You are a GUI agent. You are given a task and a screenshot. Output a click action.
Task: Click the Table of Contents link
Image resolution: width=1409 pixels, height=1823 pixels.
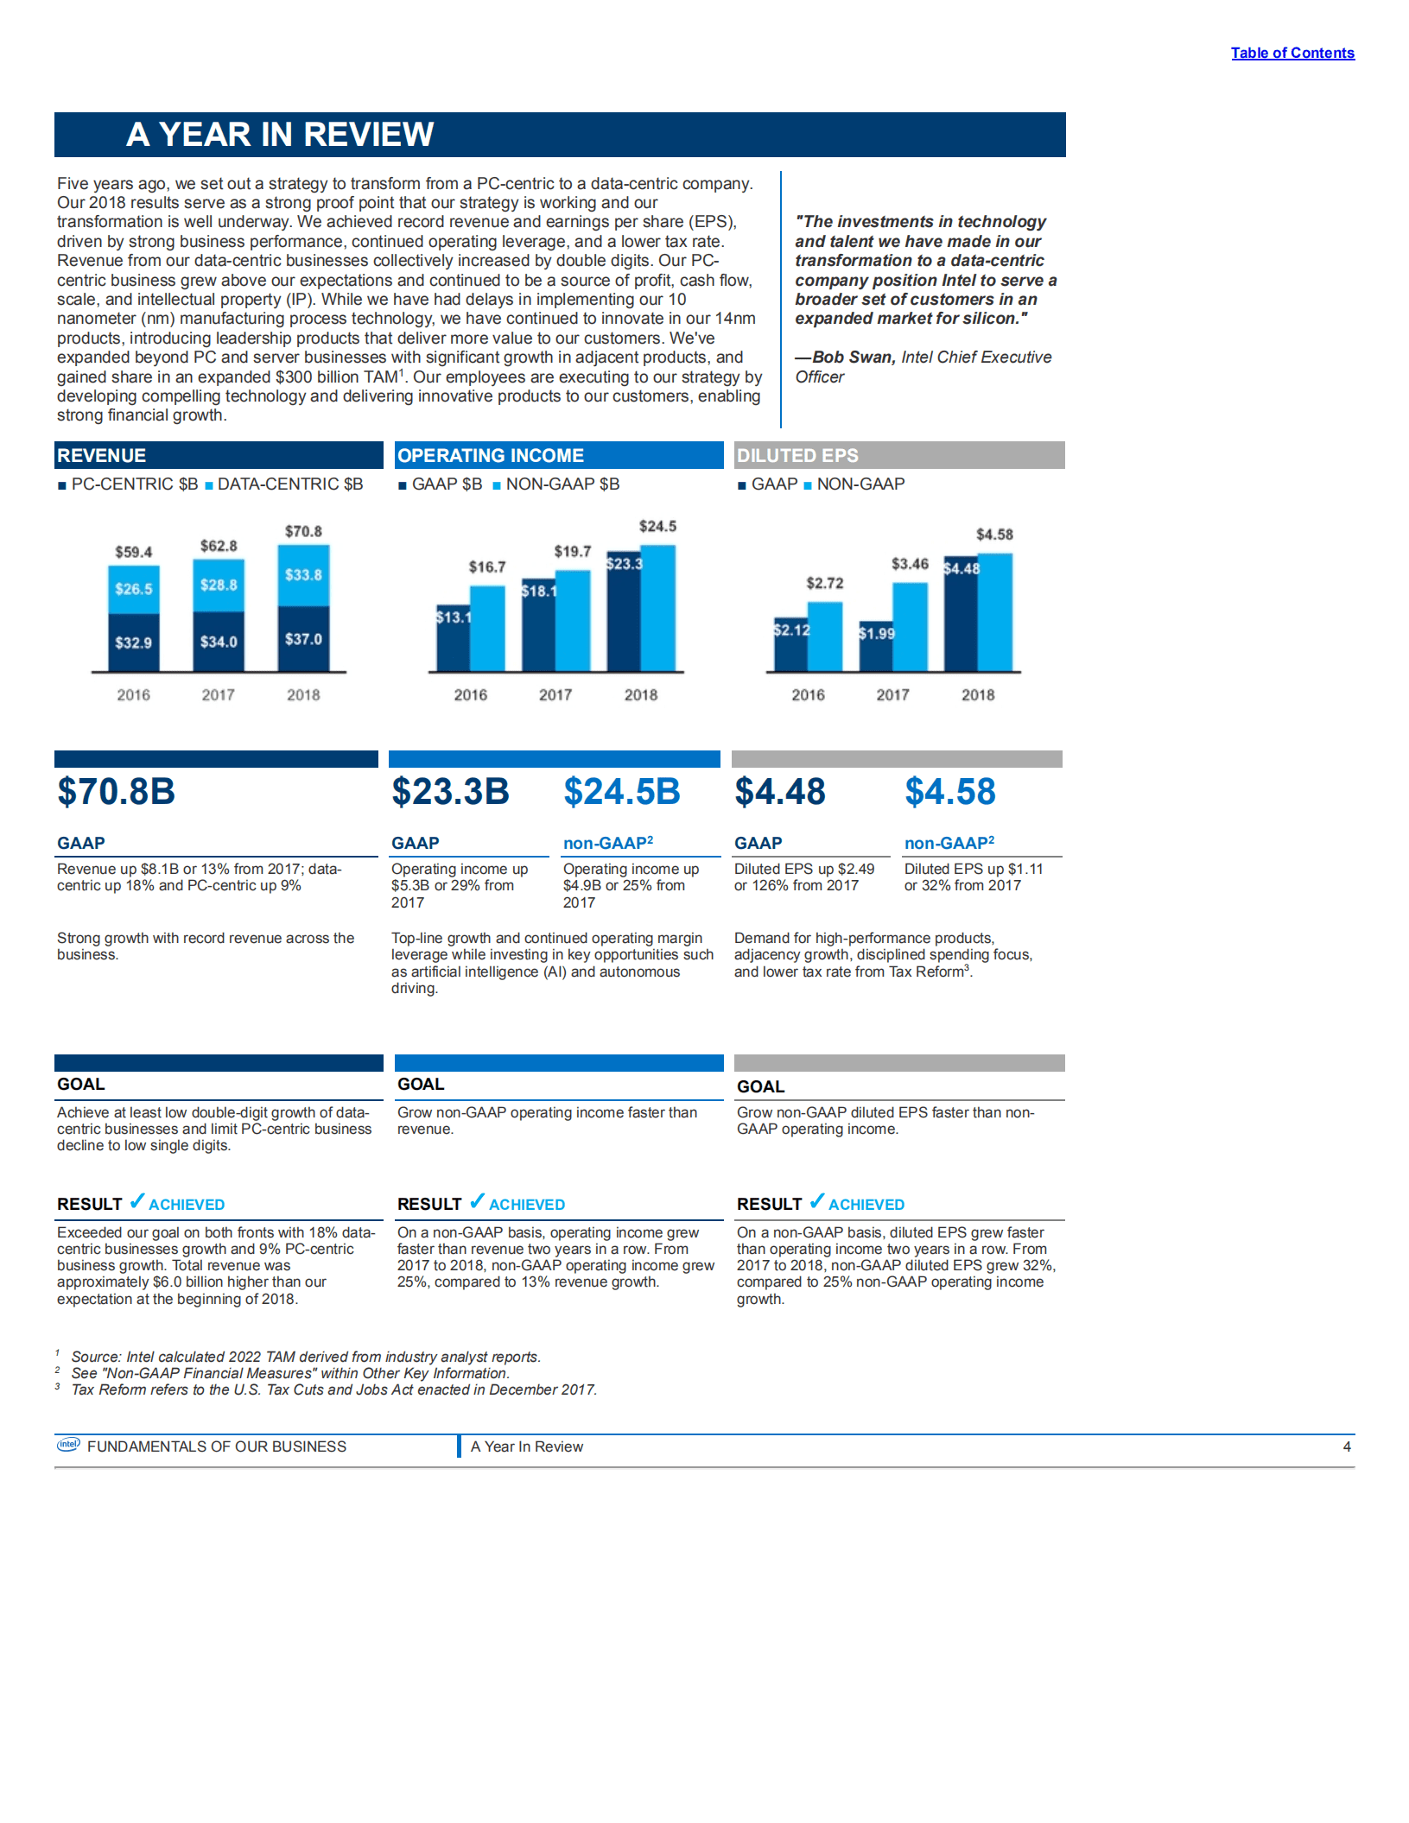tap(1292, 53)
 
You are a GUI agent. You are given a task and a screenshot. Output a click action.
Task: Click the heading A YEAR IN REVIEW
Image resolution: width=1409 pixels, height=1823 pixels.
tap(279, 135)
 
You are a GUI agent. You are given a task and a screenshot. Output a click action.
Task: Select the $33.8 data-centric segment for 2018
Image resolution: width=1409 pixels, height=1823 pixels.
tap(303, 575)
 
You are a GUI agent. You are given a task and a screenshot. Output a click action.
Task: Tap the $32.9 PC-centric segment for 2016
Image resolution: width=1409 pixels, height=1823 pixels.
tap(133, 642)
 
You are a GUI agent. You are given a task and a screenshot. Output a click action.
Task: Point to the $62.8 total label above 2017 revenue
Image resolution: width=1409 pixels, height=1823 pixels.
tap(219, 546)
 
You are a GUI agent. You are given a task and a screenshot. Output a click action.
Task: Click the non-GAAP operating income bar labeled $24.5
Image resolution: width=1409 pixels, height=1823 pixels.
tap(658, 609)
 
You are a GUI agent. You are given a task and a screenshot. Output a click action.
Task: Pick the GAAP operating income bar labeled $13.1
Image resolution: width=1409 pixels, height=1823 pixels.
tap(453, 639)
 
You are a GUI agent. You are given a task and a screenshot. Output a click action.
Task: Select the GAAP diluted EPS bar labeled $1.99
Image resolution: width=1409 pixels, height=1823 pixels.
tap(875, 648)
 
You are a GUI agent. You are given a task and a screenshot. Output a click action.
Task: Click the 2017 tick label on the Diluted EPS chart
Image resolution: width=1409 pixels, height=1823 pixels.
tap(892, 695)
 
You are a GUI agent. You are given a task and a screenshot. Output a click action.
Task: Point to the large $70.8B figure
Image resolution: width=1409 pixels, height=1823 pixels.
tap(117, 792)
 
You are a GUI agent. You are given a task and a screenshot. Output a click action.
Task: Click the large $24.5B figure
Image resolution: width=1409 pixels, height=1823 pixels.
tap(621, 792)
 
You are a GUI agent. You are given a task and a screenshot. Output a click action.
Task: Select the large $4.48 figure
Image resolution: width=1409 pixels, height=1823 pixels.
tap(779, 792)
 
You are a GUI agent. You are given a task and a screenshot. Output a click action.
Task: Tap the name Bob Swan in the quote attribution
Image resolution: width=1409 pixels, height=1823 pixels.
tap(853, 358)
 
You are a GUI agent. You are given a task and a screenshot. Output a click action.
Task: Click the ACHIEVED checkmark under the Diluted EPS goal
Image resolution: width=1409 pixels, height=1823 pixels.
tap(816, 1201)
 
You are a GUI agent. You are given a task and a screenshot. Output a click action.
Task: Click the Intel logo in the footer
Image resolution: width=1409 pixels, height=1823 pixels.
tap(68, 1445)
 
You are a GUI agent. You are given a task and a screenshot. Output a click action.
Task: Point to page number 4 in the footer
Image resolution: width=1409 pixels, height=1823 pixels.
tap(1346, 1446)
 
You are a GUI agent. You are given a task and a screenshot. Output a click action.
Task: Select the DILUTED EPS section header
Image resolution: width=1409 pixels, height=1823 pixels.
tap(797, 456)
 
